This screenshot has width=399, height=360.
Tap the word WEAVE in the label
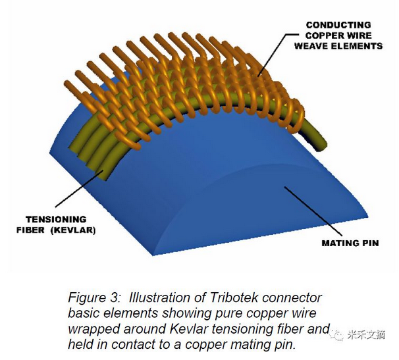tap(309, 46)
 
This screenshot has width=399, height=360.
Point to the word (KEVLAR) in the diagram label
tap(75, 230)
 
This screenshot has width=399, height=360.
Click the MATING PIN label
tap(350, 243)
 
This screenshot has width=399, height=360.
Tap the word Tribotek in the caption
tap(234, 297)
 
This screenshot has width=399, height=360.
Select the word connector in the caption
tap(293, 297)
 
